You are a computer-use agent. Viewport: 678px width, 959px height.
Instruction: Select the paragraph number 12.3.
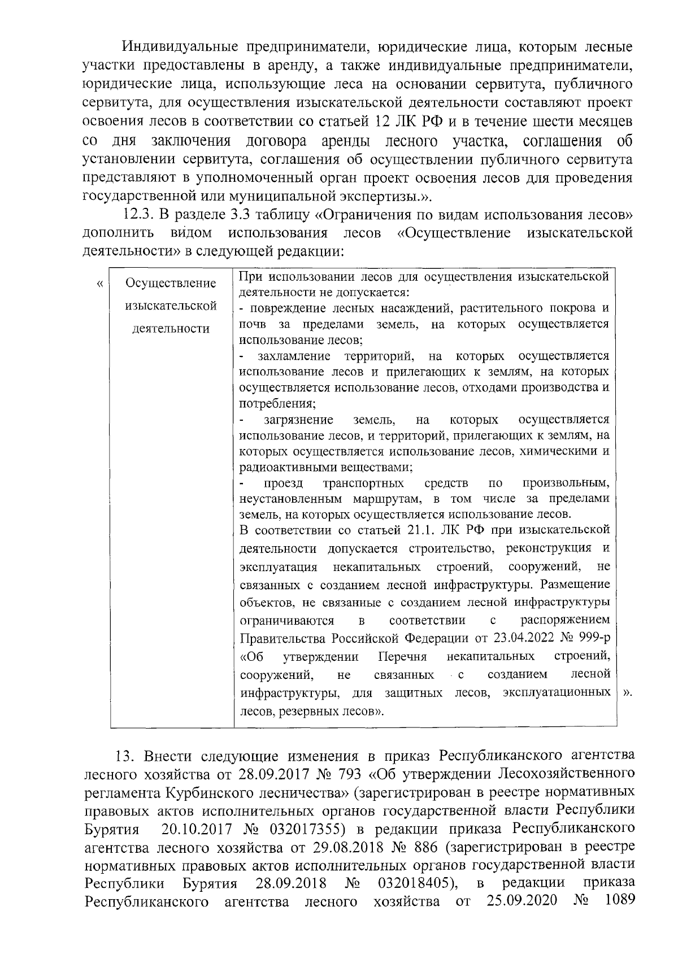coord(138,215)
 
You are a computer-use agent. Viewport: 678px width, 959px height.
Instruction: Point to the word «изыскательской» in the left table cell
coord(171,306)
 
